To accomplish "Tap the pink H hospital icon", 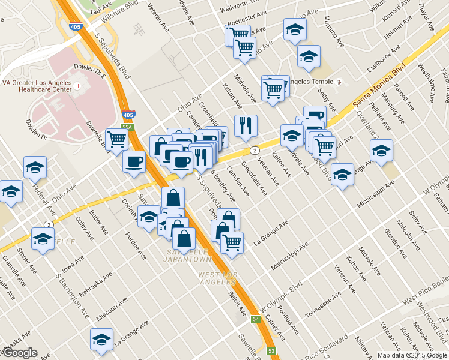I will (77, 86).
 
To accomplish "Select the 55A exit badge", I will (125, 127).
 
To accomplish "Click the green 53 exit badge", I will (271, 350).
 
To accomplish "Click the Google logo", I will (20, 353).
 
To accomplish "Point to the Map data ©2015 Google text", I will (412, 355).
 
